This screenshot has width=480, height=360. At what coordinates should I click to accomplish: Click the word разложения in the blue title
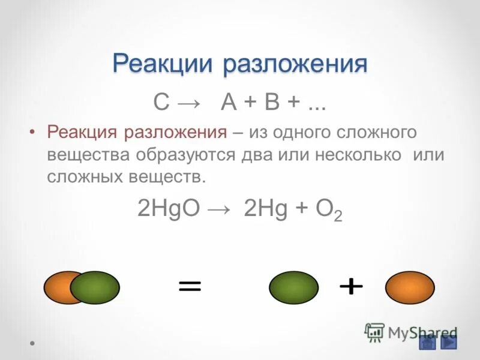pos(295,64)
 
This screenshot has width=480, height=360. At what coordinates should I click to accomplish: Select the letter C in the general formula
pos(161,103)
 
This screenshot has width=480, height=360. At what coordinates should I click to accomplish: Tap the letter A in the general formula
pos(229,103)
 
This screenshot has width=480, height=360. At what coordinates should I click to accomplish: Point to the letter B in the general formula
pos(272,103)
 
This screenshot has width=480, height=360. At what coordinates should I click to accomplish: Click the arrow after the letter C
pos(191,103)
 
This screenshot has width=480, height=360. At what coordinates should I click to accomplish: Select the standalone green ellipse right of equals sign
pos(293,287)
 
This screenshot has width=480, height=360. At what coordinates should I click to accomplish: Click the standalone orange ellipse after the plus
pos(410,287)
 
